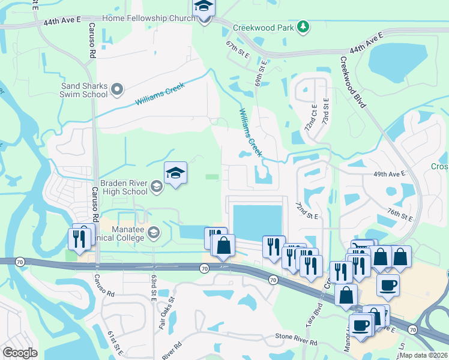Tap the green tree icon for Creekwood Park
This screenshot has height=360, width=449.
(x=304, y=26)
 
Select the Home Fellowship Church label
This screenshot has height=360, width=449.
(x=148, y=18)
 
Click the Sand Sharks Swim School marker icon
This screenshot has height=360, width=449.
(x=117, y=89)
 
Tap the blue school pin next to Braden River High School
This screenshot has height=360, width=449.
(x=175, y=173)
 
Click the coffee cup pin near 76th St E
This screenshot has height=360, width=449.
(x=388, y=284)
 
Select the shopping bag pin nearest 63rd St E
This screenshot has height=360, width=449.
(x=223, y=245)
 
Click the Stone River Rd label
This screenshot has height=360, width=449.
(x=296, y=341)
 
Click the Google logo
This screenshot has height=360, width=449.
(x=19, y=353)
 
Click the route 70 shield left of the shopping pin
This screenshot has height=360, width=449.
(x=204, y=268)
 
